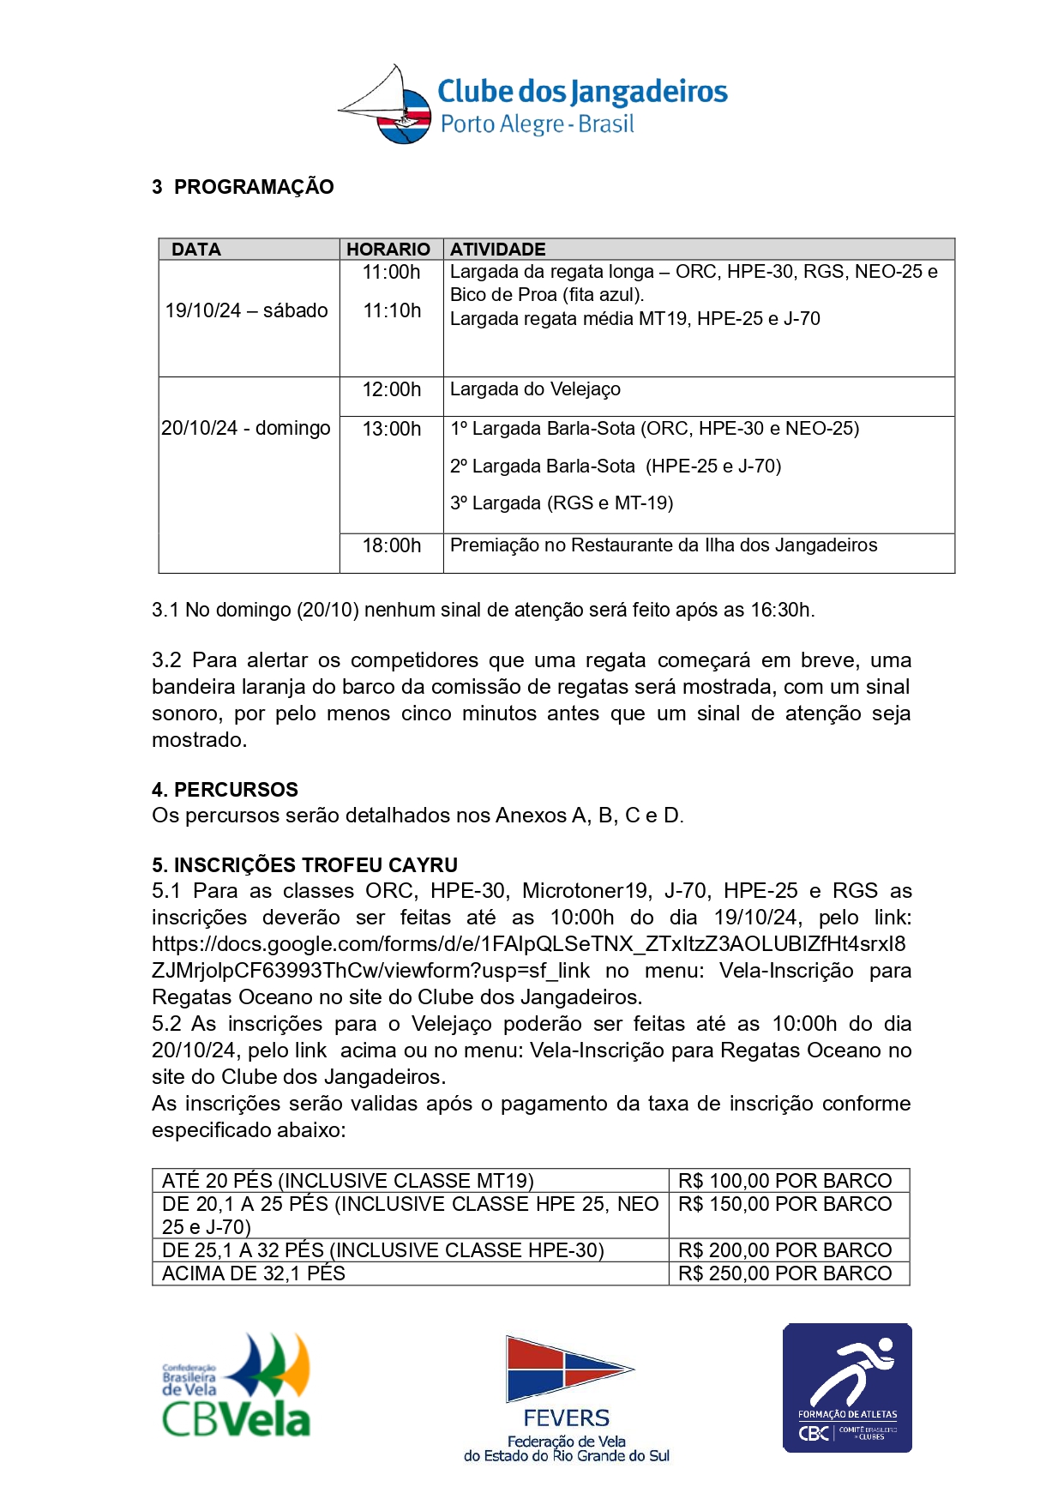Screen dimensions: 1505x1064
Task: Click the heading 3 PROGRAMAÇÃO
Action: point(243,187)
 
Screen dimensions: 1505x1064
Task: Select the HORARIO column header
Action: point(388,250)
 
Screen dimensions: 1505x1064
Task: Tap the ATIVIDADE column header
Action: point(498,250)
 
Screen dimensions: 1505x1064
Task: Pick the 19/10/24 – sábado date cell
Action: point(247,310)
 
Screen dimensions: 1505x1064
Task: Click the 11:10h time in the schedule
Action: point(392,310)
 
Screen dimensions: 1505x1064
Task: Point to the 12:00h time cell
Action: point(392,389)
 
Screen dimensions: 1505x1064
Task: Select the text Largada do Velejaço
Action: point(535,389)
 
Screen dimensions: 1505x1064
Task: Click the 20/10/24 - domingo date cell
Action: point(246,428)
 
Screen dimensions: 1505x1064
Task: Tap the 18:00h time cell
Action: point(392,545)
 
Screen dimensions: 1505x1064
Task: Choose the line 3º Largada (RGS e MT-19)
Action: point(562,503)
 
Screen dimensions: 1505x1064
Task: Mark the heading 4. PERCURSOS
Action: point(225,790)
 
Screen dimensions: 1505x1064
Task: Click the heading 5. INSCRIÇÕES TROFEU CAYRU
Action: point(304,864)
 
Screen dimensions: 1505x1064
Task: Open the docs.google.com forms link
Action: point(528,944)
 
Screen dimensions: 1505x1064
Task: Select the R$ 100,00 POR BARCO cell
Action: point(784,1181)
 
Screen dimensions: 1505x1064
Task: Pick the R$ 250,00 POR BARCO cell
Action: point(784,1273)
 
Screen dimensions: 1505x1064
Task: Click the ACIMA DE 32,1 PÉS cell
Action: point(254,1273)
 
